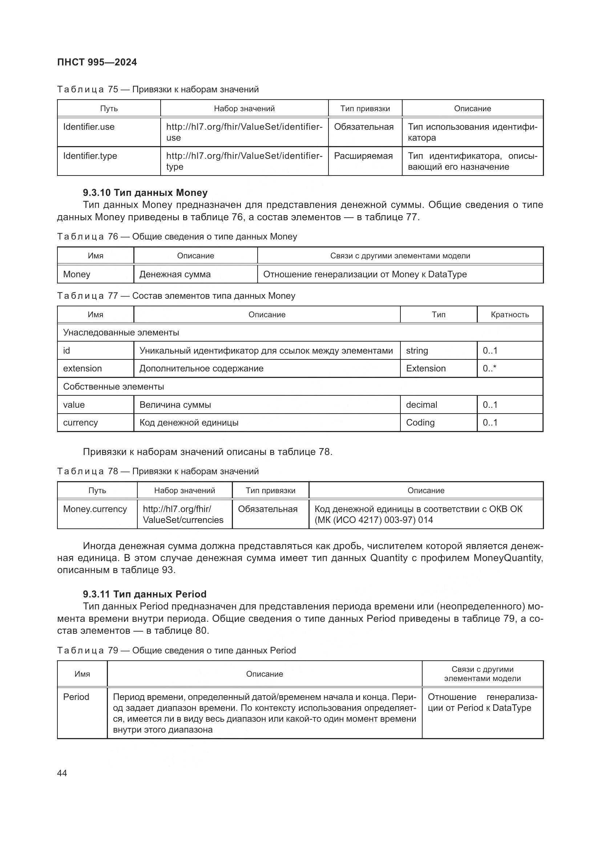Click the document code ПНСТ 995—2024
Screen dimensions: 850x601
97,62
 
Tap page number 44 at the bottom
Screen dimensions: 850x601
62,773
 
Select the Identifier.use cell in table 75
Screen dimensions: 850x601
89,127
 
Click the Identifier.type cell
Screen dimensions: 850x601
90,156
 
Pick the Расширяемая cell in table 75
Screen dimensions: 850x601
363,156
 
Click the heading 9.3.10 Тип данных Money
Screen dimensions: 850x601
145,193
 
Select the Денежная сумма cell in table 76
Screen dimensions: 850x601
175,274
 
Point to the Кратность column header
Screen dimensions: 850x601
509,315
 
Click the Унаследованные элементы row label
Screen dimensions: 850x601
121,333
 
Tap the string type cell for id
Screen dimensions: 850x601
417,351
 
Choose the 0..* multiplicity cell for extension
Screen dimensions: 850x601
489,369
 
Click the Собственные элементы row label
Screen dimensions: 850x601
113,387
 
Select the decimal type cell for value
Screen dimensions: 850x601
421,404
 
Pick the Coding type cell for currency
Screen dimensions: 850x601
420,423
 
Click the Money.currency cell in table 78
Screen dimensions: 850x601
95,509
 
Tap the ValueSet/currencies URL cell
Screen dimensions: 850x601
183,515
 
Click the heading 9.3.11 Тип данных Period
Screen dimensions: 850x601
145,594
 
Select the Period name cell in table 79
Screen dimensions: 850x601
76,697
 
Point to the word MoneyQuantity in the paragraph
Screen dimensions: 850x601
508,558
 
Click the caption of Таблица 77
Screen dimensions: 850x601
176,296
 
